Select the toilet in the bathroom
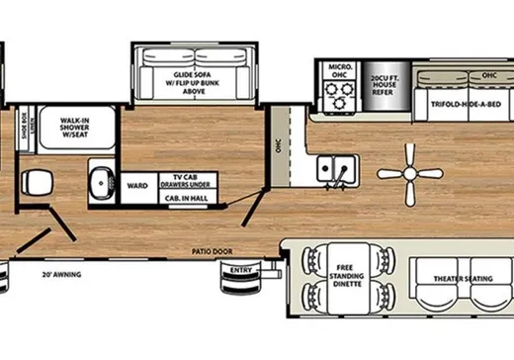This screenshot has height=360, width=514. pos(38,181)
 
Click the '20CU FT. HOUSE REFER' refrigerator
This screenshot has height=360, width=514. pos(383,87)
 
